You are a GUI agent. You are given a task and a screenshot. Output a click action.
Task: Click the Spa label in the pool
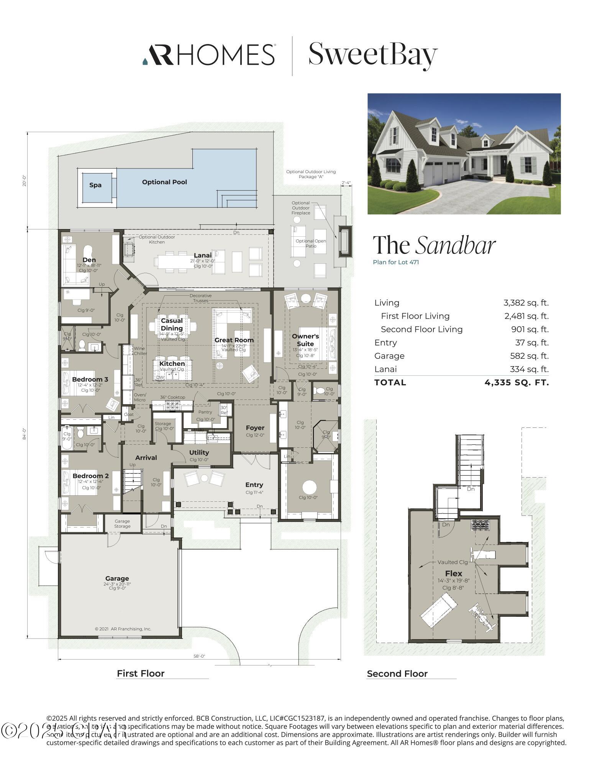pos(95,185)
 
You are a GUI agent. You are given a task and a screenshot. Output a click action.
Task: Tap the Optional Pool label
pos(164,182)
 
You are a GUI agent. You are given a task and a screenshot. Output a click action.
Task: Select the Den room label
pos(89,260)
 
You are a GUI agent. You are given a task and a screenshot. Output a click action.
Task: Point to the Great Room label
pos(234,340)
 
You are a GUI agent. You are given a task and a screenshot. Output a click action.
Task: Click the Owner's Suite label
pos(305,340)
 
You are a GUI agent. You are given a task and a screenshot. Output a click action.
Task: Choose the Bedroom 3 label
pos(90,379)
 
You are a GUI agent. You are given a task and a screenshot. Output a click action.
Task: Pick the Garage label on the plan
pos(117,578)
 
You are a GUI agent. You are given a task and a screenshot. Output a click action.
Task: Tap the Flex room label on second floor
pos(453,573)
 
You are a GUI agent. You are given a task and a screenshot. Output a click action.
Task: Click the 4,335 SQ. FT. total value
pos(517,382)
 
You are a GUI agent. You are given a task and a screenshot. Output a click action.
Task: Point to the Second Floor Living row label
pos(421,329)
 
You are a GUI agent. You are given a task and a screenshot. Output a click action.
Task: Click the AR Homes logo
pos(209,54)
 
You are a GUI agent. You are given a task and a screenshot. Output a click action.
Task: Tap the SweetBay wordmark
pos(372,55)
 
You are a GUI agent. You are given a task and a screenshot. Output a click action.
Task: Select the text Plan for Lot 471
pos(396,262)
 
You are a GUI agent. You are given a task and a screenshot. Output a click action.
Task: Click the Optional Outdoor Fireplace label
pos(301,208)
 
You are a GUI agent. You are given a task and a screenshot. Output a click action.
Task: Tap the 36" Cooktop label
pos(172,397)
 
